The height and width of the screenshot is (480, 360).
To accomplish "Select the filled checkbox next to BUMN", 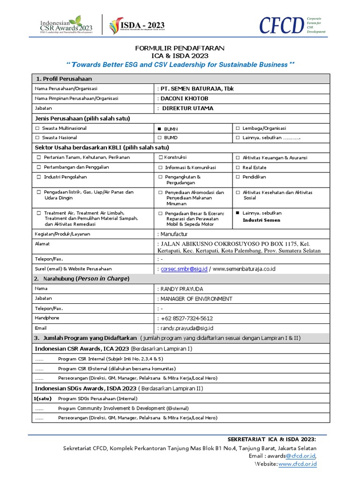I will [160, 128].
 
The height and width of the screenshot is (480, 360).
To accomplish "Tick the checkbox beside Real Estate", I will [238, 167].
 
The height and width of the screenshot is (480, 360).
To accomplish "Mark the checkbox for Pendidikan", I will [238, 177].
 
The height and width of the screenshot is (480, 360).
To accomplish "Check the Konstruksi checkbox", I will [160, 157].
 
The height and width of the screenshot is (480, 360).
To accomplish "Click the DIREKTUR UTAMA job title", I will [187, 108].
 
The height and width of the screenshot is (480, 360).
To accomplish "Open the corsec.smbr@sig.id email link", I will [184, 269].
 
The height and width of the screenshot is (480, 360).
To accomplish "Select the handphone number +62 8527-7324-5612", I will [187, 318].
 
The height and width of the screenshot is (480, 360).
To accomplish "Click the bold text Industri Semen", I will [261, 220].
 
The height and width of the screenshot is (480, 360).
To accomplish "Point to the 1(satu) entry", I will [42, 398].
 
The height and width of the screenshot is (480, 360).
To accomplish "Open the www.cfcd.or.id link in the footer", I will [297, 464].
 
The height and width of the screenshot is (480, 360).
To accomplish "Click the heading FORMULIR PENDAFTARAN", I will [180, 48].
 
